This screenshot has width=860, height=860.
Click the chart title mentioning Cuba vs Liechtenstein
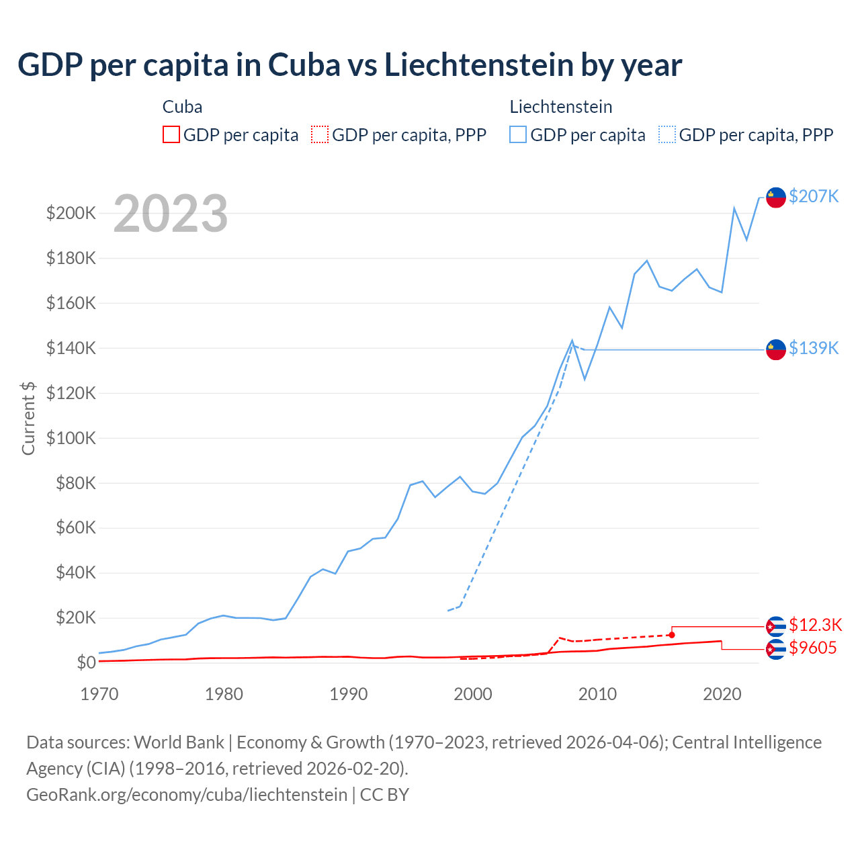(x=349, y=65)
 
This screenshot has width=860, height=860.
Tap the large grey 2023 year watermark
(x=171, y=214)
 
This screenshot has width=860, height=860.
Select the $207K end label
(x=814, y=196)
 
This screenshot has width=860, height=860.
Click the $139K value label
(x=814, y=348)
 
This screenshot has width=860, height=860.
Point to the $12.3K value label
(x=815, y=625)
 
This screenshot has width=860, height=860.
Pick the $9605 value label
(x=812, y=648)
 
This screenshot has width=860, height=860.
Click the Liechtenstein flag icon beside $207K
(x=776, y=197)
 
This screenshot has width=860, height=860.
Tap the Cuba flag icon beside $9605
(x=776, y=649)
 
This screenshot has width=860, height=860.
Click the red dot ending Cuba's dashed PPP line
(x=671, y=635)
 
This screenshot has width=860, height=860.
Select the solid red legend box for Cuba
(x=171, y=135)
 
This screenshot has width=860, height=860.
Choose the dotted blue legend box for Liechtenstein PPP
(x=667, y=135)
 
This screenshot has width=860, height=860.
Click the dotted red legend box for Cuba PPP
(x=320, y=135)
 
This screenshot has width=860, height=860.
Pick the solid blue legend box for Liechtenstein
(x=518, y=135)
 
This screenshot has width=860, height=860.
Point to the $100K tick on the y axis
(x=71, y=438)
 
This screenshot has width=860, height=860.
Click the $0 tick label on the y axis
(x=86, y=663)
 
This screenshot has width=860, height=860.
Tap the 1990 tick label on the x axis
(x=348, y=695)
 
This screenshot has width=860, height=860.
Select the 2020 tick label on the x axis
(x=722, y=695)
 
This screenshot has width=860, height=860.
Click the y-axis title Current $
(x=28, y=419)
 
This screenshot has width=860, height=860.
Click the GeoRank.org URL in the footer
(x=187, y=795)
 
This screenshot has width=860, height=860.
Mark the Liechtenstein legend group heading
(x=561, y=107)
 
